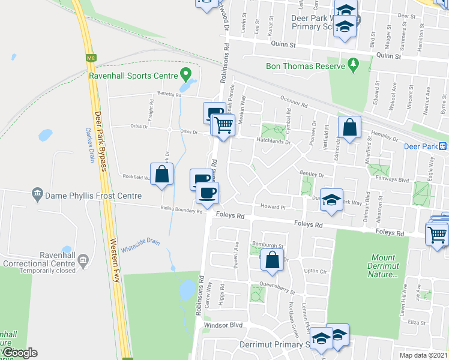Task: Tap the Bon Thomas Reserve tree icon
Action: click(x=353, y=64)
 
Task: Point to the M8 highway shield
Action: click(x=91, y=58)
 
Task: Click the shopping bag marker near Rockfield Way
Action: click(x=162, y=175)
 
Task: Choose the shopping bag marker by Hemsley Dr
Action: click(x=349, y=127)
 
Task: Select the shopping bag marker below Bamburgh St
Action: click(x=272, y=260)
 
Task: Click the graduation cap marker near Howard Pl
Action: click(x=331, y=200)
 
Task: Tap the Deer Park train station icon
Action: click(x=442, y=146)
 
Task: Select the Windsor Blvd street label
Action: click(x=223, y=325)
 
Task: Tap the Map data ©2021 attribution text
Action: click(x=424, y=356)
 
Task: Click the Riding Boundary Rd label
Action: click(x=181, y=209)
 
